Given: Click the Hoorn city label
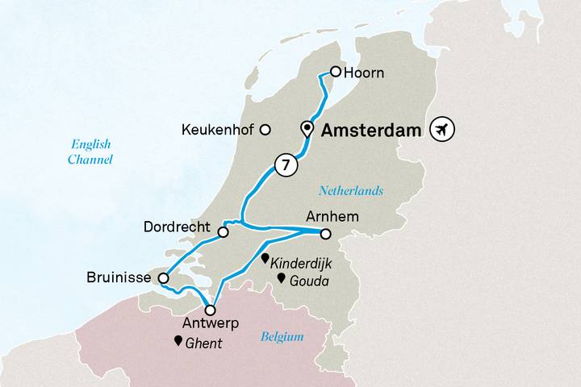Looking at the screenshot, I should [x=363, y=73].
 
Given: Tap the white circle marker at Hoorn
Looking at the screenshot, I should [x=336, y=72].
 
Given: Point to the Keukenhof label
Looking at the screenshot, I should [x=219, y=130].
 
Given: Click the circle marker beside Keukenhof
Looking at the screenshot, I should [x=264, y=130].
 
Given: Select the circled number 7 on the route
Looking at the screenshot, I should [x=283, y=164].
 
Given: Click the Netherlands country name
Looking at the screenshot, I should [x=350, y=191].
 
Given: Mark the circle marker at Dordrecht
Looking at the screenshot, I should [x=224, y=232].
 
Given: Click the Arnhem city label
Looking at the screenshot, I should [x=328, y=216].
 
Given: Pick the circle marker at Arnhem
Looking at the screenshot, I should [x=325, y=235].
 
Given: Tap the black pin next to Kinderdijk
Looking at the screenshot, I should [x=265, y=260].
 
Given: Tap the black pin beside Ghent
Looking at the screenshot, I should [x=178, y=341].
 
